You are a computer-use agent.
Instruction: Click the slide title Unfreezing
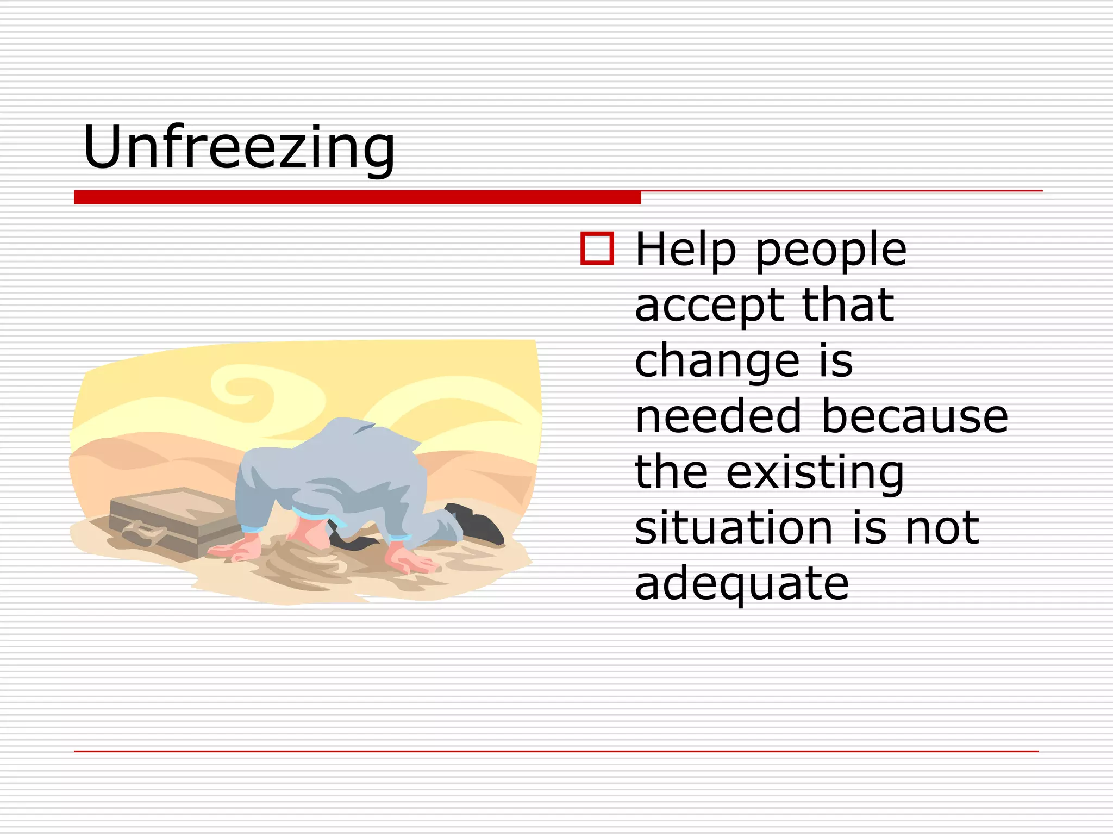[239, 147]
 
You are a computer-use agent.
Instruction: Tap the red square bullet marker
[597, 249]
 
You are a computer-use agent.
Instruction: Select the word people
[831, 251]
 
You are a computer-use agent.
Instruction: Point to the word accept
[709, 307]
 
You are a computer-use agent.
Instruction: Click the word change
[717, 362]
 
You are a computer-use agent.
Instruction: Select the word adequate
[741, 585]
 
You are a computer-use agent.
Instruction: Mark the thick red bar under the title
[357, 197]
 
